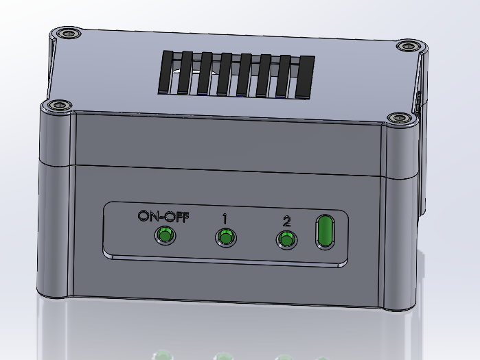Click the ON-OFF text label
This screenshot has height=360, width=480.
163,216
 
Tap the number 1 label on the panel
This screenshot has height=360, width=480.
225,218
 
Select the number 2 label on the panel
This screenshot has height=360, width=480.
286,221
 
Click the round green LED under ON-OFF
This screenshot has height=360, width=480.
164,236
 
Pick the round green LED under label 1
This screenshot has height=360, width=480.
225,238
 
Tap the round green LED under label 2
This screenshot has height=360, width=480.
286,240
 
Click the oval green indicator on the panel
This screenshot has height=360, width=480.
325,231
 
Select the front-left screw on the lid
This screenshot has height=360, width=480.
57,106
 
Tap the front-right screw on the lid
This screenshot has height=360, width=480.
397,119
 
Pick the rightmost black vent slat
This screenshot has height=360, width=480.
305,77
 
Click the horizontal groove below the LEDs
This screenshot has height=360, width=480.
227,260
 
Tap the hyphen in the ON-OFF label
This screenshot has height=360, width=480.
164,217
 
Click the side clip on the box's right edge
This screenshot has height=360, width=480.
419,103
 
